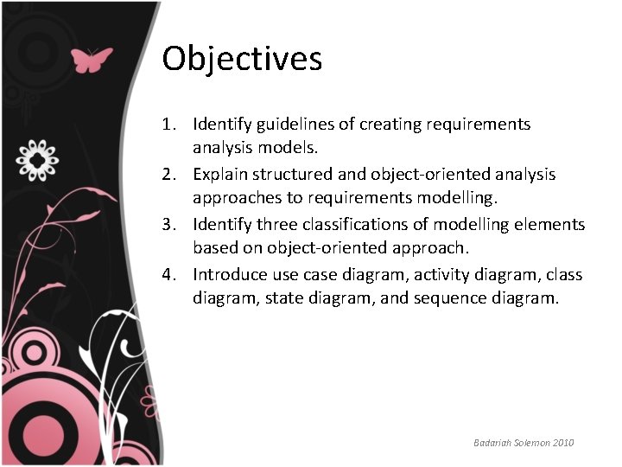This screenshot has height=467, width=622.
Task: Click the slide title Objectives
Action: (242, 60)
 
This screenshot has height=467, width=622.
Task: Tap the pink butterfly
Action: (91, 60)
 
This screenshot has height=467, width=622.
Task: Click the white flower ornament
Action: (38, 160)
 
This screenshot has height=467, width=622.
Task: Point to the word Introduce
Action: (231, 275)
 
